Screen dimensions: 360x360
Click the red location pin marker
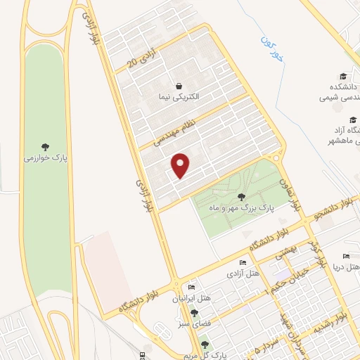pyautogui.click(x=181, y=166)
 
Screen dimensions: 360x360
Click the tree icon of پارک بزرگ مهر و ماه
pyautogui.click(x=242, y=198)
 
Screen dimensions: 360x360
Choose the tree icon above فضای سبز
pyautogui.click(x=194, y=313)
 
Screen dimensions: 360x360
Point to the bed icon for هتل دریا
pyautogui.click(x=345, y=256)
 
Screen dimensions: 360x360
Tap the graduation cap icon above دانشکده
pyautogui.click(x=343, y=77)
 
